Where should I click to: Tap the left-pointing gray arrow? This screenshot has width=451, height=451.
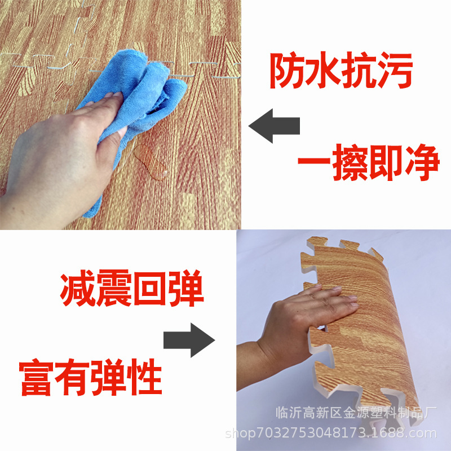pos(274,126)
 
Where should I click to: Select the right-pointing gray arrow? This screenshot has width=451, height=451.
pos(189,340)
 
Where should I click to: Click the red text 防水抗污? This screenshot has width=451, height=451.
pos(341,72)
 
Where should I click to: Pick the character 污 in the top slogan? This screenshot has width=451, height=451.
pos(395,72)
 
